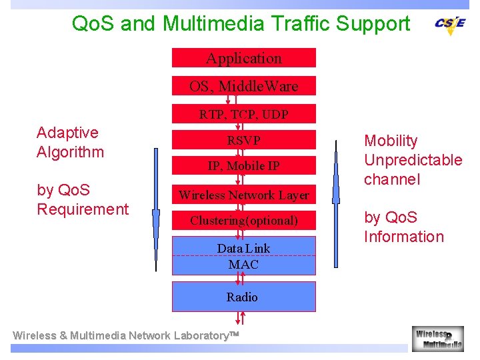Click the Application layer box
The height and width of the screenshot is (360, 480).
click(243, 58)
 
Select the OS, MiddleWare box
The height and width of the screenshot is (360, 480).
click(243, 86)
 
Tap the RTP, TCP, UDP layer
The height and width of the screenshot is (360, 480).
click(243, 114)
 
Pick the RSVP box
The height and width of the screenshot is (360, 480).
click(243, 140)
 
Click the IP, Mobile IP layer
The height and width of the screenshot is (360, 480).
click(243, 166)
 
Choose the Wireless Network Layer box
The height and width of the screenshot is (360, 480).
click(243, 195)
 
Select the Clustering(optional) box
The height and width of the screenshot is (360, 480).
click(243, 220)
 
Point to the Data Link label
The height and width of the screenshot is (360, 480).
click(243, 248)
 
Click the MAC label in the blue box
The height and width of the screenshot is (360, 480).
click(243, 265)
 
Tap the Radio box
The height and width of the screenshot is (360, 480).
click(242, 297)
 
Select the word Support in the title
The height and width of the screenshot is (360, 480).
click(373, 24)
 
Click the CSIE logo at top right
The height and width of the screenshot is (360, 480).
click(450, 24)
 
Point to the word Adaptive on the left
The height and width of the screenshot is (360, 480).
click(67, 133)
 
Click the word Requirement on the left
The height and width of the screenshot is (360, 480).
click(83, 209)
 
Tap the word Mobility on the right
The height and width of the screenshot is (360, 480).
click(391, 141)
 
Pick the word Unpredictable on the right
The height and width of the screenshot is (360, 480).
click(413, 160)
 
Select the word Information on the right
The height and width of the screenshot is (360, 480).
click(403, 237)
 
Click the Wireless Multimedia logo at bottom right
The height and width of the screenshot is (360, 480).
click(438, 338)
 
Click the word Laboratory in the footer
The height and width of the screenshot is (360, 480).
click(197, 336)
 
